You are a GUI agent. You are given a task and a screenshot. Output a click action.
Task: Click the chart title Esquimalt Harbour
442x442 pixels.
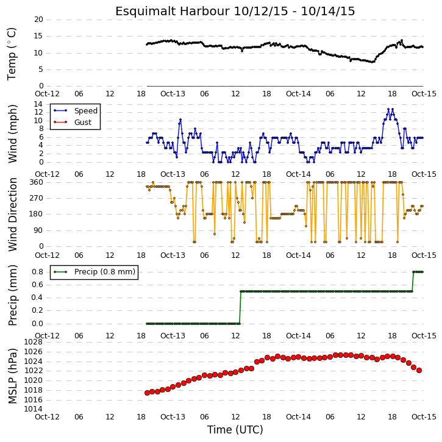click(x=173, y=12)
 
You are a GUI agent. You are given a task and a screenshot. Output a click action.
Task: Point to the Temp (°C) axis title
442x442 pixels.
click(x=12, y=54)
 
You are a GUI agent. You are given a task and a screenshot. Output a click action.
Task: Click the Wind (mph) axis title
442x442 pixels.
click(x=12, y=134)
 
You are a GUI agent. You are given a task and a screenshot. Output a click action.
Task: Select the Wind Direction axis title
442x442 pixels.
click(x=12, y=215)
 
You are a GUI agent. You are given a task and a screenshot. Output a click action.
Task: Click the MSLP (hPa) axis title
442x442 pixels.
click(x=12, y=376)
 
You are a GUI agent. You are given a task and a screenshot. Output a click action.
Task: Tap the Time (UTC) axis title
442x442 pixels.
click(x=235, y=430)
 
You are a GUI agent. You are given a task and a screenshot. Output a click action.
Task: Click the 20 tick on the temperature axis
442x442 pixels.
click(x=38, y=20)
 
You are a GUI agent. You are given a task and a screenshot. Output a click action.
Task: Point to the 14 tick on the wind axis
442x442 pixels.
click(x=38, y=104)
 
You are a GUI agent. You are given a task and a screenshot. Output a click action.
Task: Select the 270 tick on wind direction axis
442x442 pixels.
click(x=37, y=198)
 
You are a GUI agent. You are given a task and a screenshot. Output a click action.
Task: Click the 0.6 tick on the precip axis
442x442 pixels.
click(x=37, y=285)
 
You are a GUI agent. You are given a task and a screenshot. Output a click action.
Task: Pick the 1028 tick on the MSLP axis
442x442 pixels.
click(x=34, y=342)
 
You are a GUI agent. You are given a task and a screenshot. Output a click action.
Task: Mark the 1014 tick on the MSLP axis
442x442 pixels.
click(x=34, y=409)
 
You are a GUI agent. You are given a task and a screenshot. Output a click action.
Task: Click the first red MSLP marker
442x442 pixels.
click(x=147, y=393)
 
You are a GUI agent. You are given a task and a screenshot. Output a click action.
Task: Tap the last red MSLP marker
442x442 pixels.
click(x=419, y=371)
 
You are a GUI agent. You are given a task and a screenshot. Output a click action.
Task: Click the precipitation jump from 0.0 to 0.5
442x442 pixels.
click(x=240, y=307)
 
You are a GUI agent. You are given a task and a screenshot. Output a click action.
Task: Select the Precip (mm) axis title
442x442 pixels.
click(x=12, y=296)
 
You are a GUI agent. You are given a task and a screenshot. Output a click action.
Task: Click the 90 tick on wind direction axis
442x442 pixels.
click(x=39, y=230)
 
